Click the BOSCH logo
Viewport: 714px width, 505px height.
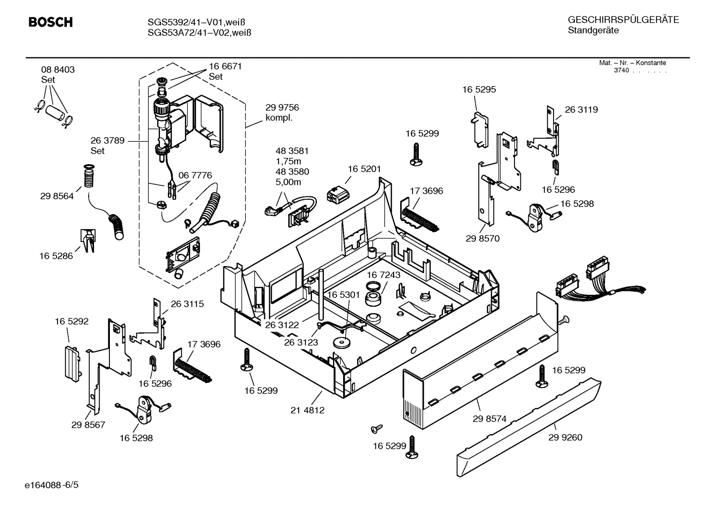click(x=51, y=22)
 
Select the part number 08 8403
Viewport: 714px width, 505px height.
click(x=58, y=70)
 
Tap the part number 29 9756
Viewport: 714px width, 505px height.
click(x=282, y=108)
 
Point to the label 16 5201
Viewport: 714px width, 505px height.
click(x=364, y=169)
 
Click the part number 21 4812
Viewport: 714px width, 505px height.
click(x=307, y=410)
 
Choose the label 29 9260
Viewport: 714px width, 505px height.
click(x=565, y=438)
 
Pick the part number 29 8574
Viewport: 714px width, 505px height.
click(x=489, y=419)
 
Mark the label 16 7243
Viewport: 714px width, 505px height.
click(x=384, y=275)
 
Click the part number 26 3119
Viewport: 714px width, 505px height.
click(x=581, y=110)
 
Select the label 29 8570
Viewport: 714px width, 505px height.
click(x=482, y=238)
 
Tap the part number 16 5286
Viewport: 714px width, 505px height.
click(x=56, y=256)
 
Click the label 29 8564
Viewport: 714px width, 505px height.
click(x=57, y=196)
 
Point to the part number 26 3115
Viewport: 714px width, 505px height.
click(x=187, y=304)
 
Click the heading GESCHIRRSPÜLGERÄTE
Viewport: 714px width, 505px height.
click(x=623, y=20)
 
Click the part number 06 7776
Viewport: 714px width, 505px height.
click(x=195, y=175)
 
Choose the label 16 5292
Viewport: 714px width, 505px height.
click(x=72, y=322)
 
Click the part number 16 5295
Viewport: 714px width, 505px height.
click(x=479, y=90)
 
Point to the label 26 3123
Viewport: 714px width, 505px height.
click(x=301, y=342)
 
